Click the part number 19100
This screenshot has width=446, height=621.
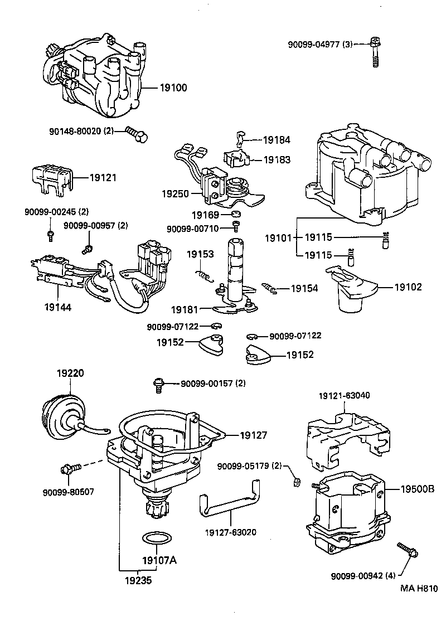tap(173, 88)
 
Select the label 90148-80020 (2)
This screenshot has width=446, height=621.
tap(82, 132)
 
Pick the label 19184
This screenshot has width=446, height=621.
tap(277, 140)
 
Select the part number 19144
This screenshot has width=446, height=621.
tap(58, 306)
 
